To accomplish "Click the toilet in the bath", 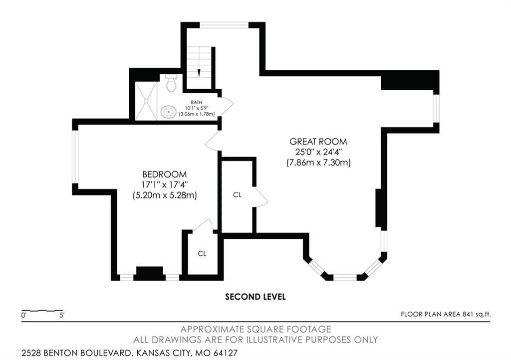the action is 171,83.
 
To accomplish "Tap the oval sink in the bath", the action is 168,112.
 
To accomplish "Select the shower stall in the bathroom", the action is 146,101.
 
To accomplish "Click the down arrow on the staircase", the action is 199,73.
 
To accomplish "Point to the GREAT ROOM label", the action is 318,142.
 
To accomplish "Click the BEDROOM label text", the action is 165,175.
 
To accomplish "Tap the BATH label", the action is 197,102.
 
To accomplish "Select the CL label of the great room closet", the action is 237,194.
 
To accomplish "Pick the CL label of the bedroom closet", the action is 202,254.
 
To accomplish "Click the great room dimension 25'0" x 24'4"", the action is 318,152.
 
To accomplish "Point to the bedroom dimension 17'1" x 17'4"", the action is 165,185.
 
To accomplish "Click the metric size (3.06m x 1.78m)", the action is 197,114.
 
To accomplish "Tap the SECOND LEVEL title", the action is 255,297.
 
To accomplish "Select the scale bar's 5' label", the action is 62,315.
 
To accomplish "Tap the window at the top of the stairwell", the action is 224,25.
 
